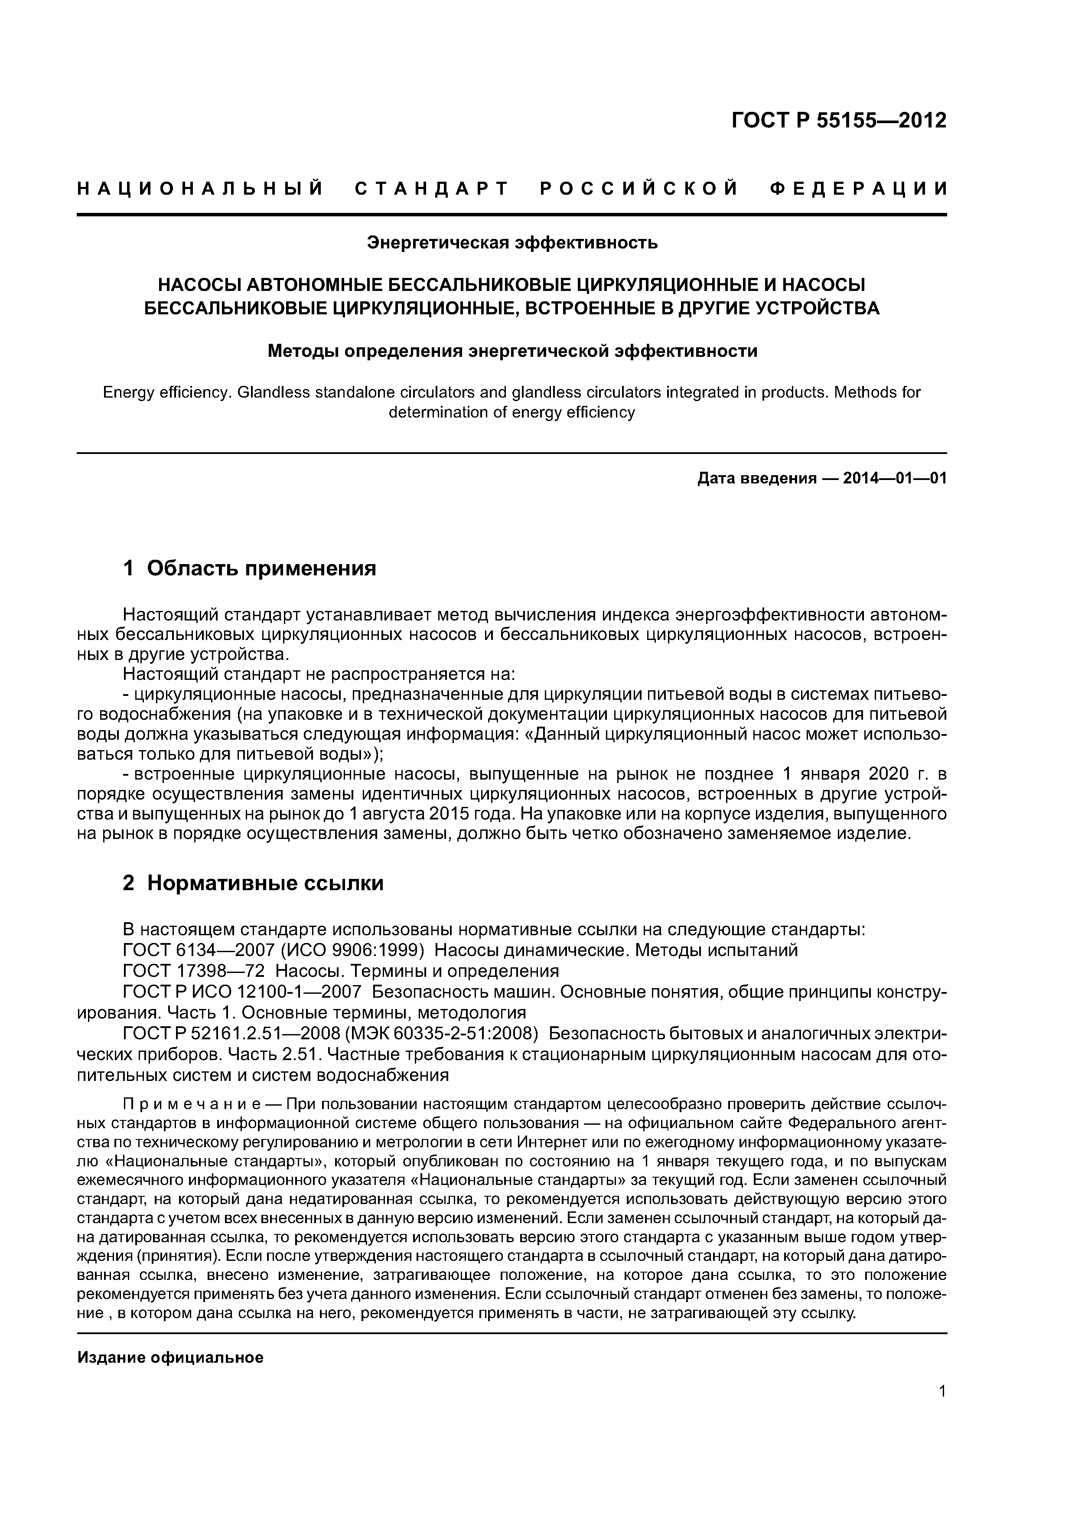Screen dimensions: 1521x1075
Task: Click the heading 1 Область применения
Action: click(250, 568)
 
